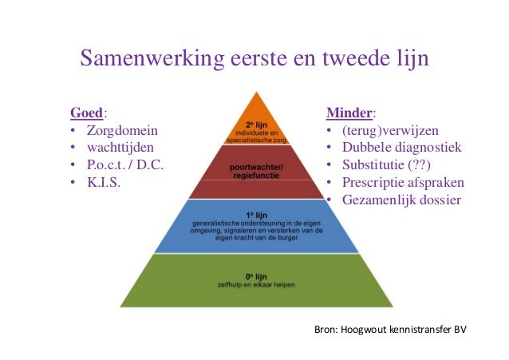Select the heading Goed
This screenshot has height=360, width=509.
tap(87, 112)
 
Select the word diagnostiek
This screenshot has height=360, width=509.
tap(428, 148)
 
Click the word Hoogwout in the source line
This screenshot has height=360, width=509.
tap(366, 329)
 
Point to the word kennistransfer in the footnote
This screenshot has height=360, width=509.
tap(420, 329)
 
